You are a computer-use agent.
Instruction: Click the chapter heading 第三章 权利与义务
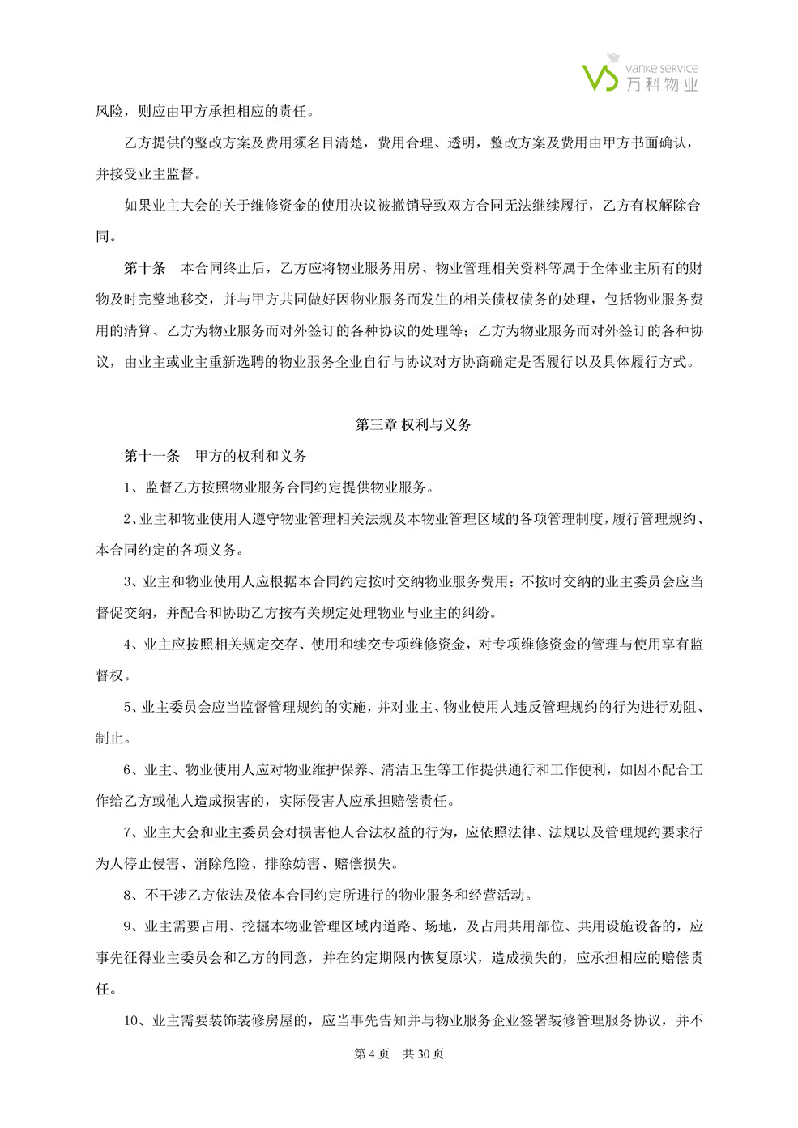pos(413,424)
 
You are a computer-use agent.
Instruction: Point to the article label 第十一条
pos(151,456)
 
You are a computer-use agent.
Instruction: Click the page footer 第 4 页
pos(372,1054)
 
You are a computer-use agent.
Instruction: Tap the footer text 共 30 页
pos(424,1054)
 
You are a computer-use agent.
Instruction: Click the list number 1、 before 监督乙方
pos(132,487)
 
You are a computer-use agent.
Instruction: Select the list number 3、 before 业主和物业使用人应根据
pos(132,581)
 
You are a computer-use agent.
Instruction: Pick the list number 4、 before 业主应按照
pos(132,645)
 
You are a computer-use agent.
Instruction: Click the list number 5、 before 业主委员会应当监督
pos(132,707)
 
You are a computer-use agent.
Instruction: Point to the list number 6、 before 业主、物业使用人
pos(132,769)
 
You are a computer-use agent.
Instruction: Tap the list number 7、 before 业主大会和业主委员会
pos(132,832)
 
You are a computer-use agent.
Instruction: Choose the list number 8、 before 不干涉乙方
pos(132,895)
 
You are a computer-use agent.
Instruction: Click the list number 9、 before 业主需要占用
pos(132,926)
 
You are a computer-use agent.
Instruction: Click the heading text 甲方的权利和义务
pos(251,456)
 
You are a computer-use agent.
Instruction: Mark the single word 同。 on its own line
pos(106,236)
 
